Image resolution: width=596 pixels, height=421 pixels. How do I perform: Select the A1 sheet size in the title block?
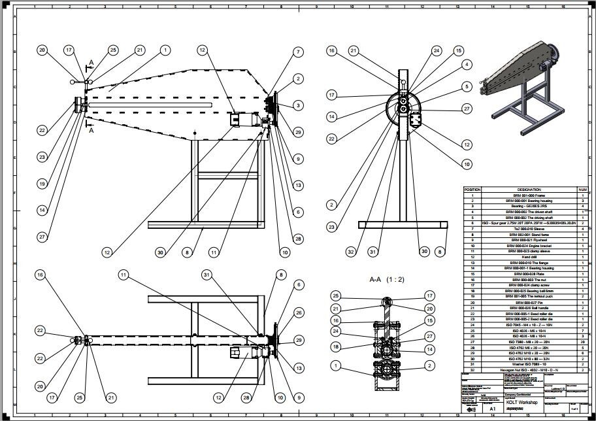tap(484, 407)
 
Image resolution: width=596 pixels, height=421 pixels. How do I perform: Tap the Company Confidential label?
tap(518, 394)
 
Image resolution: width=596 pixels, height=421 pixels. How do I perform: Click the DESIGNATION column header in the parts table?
tap(529, 190)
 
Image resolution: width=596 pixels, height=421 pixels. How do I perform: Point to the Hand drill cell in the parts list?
tap(529, 257)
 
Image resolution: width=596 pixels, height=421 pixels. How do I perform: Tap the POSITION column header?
tap(472, 190)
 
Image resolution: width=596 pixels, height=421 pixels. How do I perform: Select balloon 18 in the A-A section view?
tap(336, 346)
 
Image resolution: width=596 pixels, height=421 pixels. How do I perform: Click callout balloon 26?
tap(299, 312)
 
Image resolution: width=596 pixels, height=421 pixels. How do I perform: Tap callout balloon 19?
tap(42, 184)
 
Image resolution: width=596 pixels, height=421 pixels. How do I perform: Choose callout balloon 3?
tap(298, 105)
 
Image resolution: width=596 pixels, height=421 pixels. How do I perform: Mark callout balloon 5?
tap(466, 86)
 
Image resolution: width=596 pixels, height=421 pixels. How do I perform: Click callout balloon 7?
tap(298, 52)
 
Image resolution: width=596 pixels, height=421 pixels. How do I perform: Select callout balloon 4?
tap(466, 64)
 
